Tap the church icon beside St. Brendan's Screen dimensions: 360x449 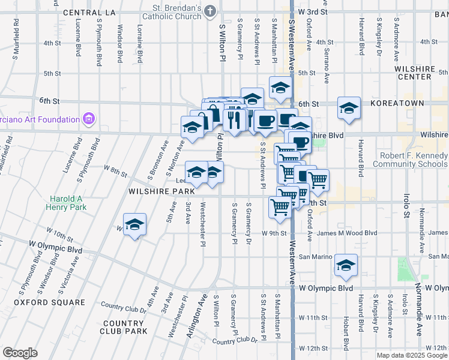(210, 11)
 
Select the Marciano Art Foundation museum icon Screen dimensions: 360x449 (89, 119)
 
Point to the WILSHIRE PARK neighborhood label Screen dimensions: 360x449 (160, 191)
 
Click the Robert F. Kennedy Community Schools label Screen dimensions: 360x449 (410, 159)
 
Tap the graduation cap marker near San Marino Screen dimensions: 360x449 (346, 264)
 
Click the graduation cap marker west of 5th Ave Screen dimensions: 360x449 (135, 224)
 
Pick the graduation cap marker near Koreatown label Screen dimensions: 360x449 (348, 107)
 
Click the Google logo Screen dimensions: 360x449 (20, 353)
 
